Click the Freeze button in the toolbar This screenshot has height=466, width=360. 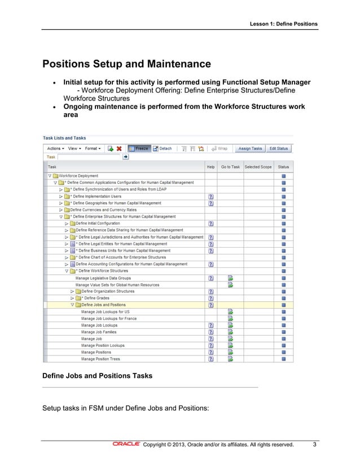pyautogui.click(x=138, y=148)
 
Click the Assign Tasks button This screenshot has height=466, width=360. pyautogui.click(x=250, y=148)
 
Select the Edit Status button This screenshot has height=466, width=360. pyautogui.click(x=279, y=148)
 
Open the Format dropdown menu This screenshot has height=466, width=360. pyautogui.click(x=93, y=148)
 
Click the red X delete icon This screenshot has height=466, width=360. pyautogui.click(x=119, y=148)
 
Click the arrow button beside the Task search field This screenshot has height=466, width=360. pyautogui.click(x=125, y=157)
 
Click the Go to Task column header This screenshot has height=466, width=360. pyautogui.click(x=230, y=167)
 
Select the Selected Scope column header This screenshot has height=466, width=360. pyautogui.click(x=258, y=167)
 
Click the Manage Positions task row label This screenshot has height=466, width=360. pyautogui.click(x=96, y=352)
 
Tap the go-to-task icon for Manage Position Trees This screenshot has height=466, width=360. pyautogui.click(x=230, y=359)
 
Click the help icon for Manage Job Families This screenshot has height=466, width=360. pyautogui.click(x=210, y=332)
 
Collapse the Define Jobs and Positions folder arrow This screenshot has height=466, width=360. pyautogui.click(x=72, y=305)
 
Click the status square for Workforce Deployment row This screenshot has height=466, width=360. pyautogui.click(x=284, y=176)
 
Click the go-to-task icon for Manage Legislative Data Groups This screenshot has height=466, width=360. pyautogui.click(x=230, y=278)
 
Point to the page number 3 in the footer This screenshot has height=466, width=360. pyautogui.click(x=314, y=444)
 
